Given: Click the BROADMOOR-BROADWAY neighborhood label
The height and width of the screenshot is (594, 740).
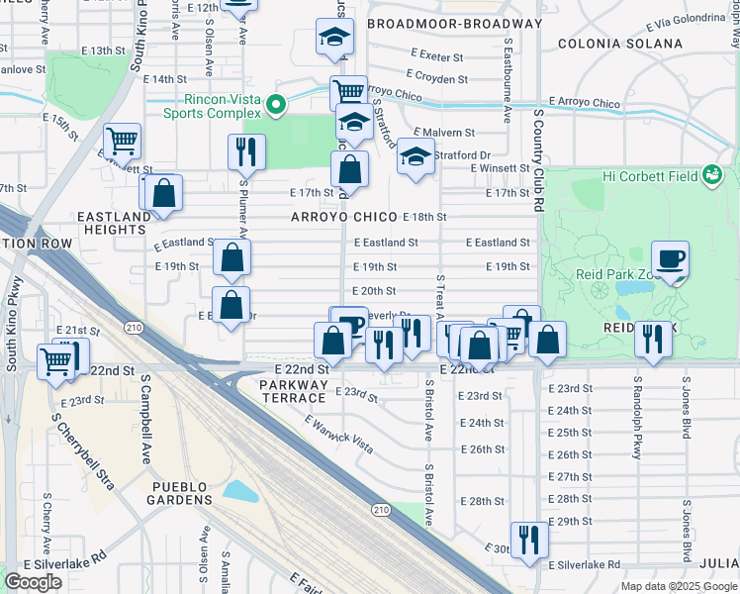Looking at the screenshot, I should [454, 23].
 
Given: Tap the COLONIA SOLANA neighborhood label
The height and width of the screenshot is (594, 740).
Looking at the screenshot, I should [620, 44].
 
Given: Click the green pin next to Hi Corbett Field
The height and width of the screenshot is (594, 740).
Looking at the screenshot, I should [710, 175].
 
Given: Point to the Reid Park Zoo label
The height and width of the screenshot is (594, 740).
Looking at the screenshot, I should [613, 273].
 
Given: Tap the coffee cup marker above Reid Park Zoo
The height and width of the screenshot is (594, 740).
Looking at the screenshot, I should [670, 260].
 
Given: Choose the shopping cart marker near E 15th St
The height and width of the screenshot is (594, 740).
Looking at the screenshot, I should [123, 141].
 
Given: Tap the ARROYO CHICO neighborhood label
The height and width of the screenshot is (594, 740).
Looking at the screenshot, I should [344, 217].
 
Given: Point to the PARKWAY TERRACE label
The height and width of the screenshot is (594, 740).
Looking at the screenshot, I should [293, 390].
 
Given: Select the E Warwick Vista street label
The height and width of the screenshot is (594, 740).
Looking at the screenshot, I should [338, 435].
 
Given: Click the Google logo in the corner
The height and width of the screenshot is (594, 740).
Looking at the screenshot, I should [34, 582].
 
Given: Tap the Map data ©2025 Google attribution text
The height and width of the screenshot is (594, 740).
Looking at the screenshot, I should [679, 586].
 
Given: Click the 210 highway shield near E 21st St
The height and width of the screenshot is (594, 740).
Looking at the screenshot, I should [131, 326].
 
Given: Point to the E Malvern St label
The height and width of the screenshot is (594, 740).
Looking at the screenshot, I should [444, 132].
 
